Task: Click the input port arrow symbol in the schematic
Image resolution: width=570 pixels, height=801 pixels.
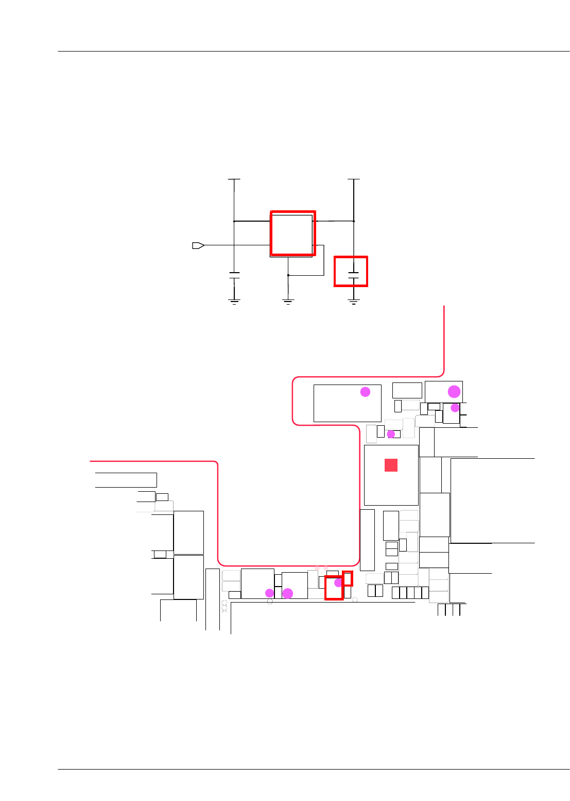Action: tap(198, 245)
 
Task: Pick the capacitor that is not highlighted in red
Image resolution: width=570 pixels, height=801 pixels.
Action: tap(234, 275)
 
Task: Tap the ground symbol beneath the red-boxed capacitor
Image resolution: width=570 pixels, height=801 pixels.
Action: tap(353, 302)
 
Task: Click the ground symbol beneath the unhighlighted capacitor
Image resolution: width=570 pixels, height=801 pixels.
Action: tap(234, 302)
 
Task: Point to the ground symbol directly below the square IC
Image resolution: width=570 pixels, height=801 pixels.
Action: tap(288, 302)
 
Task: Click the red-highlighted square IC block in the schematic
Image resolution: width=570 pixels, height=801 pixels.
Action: tap(292, 233)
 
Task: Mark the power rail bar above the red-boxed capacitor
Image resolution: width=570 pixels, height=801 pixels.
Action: tap(353, 179)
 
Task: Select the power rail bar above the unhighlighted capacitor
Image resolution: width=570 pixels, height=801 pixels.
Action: tap(234, 179)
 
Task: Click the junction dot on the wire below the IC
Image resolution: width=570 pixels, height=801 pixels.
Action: tap(288, 275)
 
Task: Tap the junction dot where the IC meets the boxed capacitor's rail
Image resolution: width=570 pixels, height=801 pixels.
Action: tap(354, 221)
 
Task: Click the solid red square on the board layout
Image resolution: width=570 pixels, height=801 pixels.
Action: tap(391, 465)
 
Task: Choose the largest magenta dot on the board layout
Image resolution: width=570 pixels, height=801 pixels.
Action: tap(454, 391)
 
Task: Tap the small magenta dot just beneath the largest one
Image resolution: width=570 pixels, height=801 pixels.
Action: tap(455, 408)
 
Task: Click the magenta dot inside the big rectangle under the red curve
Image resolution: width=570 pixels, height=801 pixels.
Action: tap(365, 392)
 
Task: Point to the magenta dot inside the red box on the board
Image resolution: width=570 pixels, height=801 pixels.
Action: tap(338, 583)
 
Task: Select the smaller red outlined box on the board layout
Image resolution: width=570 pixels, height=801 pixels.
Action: tap(348, 578)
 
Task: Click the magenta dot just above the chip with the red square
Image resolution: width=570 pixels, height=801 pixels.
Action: tap(391, 435)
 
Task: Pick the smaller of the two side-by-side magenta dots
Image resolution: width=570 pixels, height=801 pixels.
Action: tap(269, 593)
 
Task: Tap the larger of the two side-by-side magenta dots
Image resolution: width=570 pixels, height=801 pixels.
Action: tap(288, 593)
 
